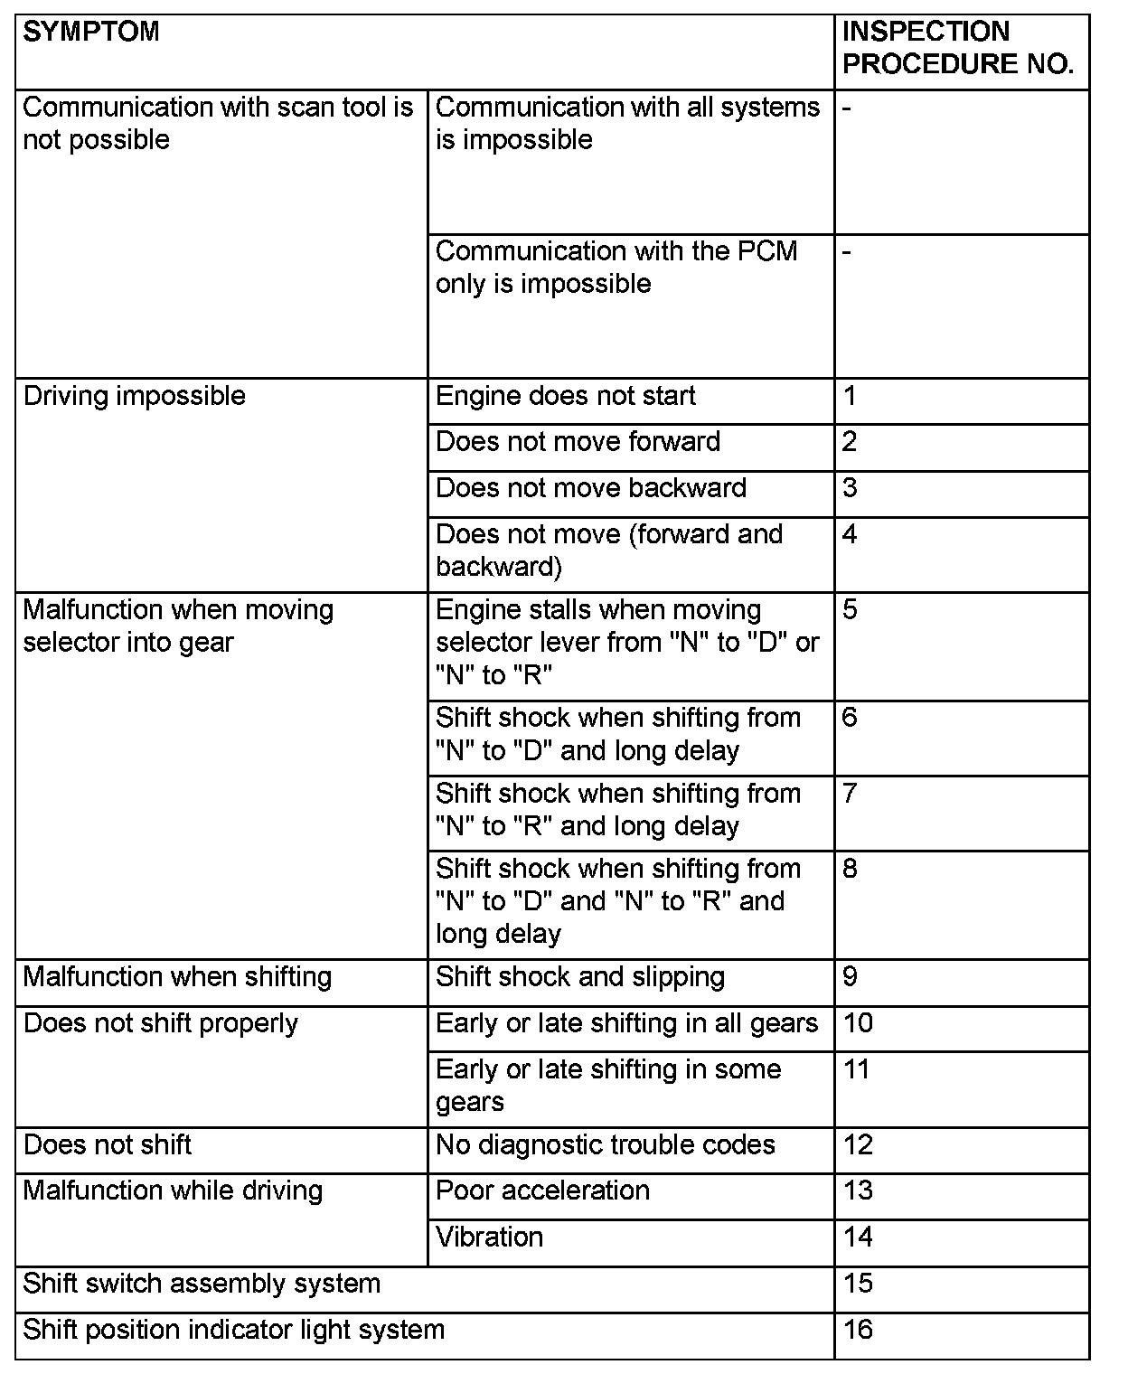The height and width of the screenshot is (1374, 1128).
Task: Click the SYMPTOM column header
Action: tap(91, 33)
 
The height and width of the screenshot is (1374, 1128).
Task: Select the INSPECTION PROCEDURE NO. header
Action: tap(957, 48)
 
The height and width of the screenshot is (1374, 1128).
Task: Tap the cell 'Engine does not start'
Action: tap(566, 397)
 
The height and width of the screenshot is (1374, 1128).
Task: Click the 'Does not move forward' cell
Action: tap(578, 443)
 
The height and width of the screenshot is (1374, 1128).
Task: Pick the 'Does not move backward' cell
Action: tap(591, 489)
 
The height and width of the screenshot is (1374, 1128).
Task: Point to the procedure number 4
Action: tap(850, 534)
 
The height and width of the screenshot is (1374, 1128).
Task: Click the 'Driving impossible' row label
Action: tap(135, 397)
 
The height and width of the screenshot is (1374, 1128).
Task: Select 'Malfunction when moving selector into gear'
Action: tap(178, 626)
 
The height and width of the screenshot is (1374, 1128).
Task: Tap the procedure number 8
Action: tap(850, 870)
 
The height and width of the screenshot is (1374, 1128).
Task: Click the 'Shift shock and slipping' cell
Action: tap(580, 978)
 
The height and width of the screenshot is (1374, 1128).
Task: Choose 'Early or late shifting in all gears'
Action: tap(626, 1024)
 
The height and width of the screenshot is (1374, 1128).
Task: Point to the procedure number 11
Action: tap(856, 1070)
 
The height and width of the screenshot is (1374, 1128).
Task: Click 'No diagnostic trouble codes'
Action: tap(606, 1146)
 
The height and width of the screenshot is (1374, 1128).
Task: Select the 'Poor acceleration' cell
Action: tap(542, 1191)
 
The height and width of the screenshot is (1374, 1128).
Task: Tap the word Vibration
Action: tap(489, 1238)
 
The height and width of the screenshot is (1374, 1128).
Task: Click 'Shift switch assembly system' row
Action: tap(202, 1285)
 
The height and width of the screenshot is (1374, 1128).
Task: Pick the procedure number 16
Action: tap(858, 1331)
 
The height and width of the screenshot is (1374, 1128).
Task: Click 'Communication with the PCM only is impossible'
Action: tap(616, 268)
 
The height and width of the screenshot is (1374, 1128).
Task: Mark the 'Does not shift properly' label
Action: tap(161, 1024)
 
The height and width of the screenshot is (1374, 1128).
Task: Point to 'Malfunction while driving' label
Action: tap(173, 1191)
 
